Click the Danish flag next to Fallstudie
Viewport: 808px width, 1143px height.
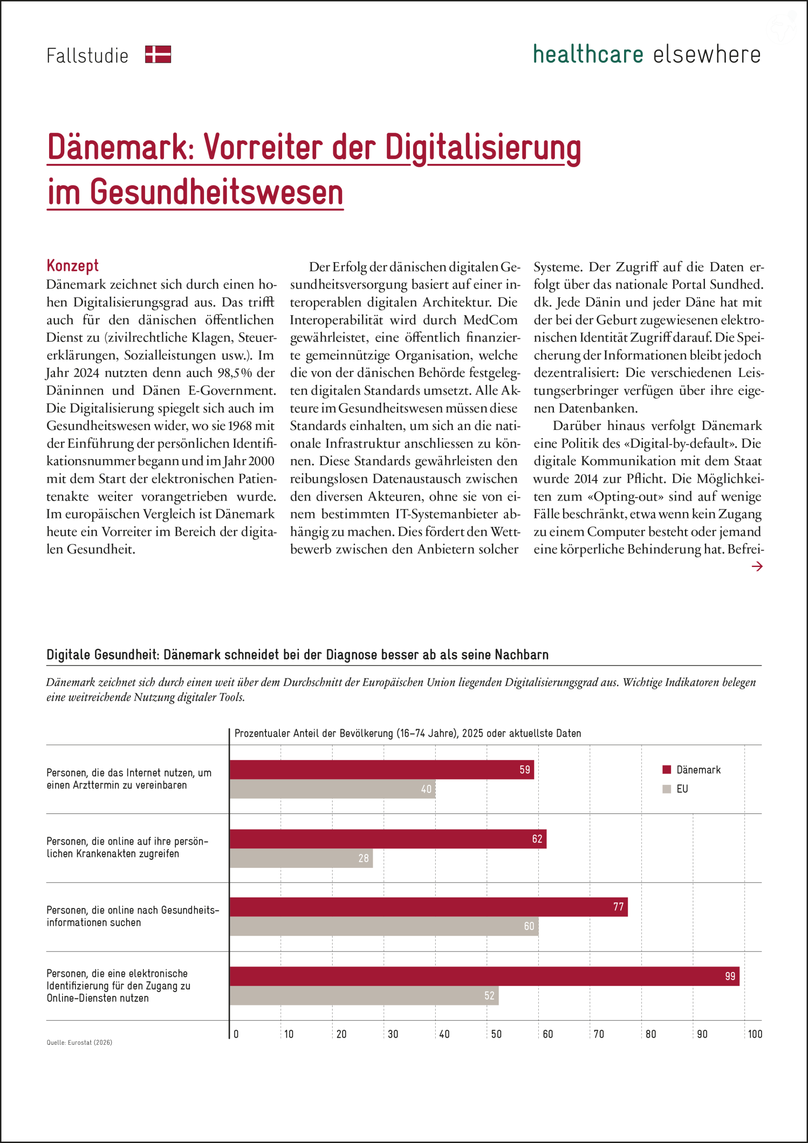point(158,54)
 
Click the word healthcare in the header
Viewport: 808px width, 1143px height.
point(588,54)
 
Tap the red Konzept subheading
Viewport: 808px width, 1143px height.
point(73,265)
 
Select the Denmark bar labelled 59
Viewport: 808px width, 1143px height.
point(381,769)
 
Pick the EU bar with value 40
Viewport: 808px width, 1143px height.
point(332,788)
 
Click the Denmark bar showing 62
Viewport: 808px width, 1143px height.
point(388,838)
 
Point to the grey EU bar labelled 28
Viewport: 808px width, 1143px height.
point(301,858)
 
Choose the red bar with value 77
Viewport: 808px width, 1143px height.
point(428,906)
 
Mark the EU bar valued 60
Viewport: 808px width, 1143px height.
point(384,926)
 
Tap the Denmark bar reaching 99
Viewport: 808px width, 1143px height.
point(484,976)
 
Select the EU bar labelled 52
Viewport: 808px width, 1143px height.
point(364,995)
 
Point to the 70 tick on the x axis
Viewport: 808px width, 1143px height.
point(599,1034)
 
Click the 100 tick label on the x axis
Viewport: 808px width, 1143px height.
point(755,1034)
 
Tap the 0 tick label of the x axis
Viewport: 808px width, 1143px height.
point(236,1034)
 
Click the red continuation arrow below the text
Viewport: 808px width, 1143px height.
point(757,566)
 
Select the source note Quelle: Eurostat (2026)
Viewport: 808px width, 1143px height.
point(79,1043)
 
